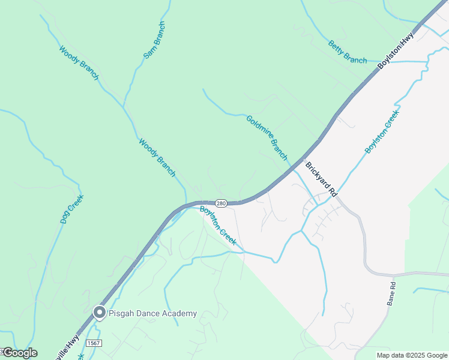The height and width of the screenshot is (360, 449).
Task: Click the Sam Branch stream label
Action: (154, 40)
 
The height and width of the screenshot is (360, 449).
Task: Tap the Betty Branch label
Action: (348, 52)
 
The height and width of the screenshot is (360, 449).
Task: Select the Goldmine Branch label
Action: (267, 137)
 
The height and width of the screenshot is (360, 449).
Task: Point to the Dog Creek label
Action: (71, 209)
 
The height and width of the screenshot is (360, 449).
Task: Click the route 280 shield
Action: (221, 203)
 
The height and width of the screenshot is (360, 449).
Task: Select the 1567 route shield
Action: (93, 343)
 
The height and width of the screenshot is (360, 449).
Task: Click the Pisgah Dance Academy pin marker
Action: (99, 313)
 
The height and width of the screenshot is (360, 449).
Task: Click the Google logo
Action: (19, 353)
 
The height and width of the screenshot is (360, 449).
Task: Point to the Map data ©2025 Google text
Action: (411, 355)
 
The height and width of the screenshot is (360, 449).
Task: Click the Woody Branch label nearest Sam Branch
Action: (79, 62)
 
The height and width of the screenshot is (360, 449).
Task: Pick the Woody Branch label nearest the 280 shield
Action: (157, 158)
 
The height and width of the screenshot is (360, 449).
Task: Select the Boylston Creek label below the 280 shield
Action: (217, 225)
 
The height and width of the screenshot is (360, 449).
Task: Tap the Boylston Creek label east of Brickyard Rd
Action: (382, 131)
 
